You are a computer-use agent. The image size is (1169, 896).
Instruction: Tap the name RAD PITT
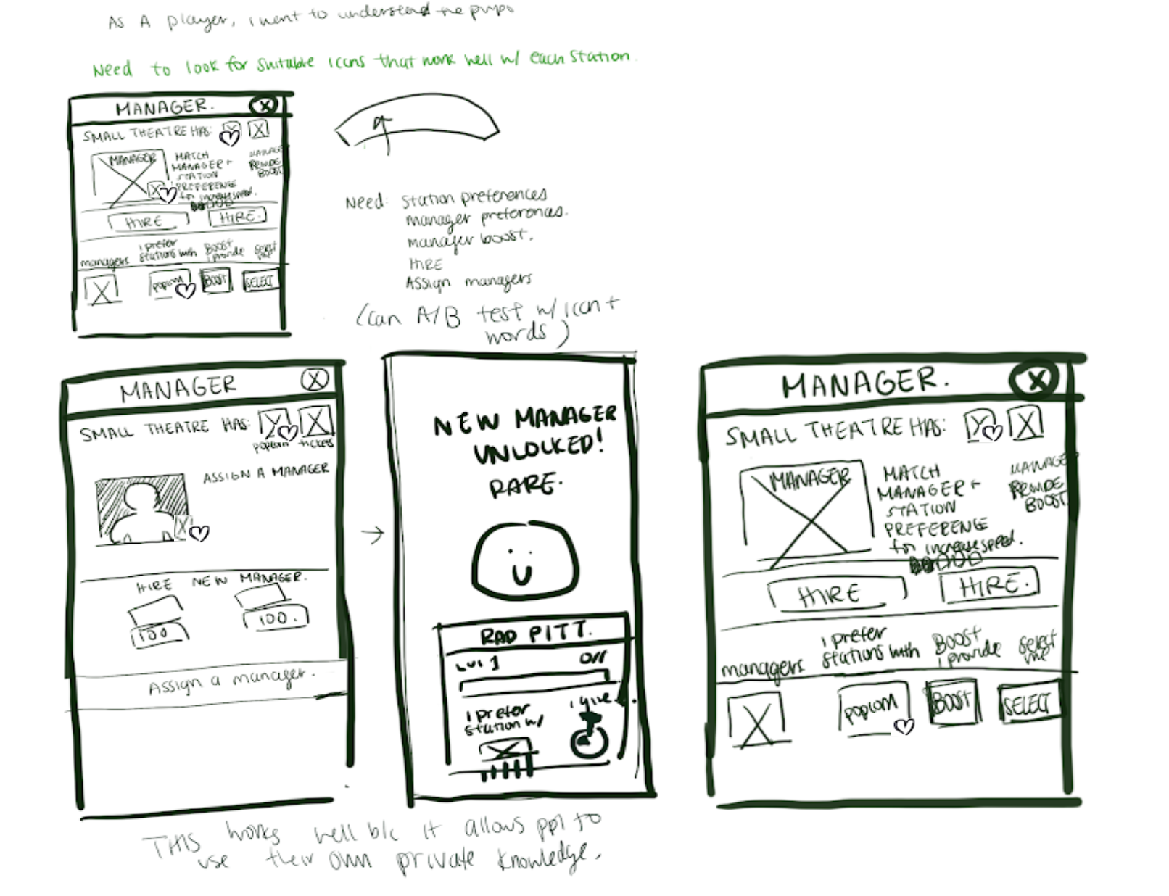click(534, 634)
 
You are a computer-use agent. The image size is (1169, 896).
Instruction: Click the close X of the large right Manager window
click(1036, 378)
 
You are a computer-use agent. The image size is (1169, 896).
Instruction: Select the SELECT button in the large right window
click(1028, 703)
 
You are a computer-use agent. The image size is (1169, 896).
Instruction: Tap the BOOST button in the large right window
click(953, 701)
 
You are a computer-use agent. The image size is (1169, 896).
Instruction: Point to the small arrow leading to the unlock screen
click(373, 535)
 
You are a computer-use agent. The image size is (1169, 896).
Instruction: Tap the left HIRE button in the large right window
click(834, 594)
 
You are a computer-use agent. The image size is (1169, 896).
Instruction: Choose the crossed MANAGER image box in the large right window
click(805, 510)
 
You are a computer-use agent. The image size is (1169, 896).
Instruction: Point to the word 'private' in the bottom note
click(435, 860)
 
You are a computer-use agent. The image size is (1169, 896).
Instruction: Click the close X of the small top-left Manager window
click(263, 106)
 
